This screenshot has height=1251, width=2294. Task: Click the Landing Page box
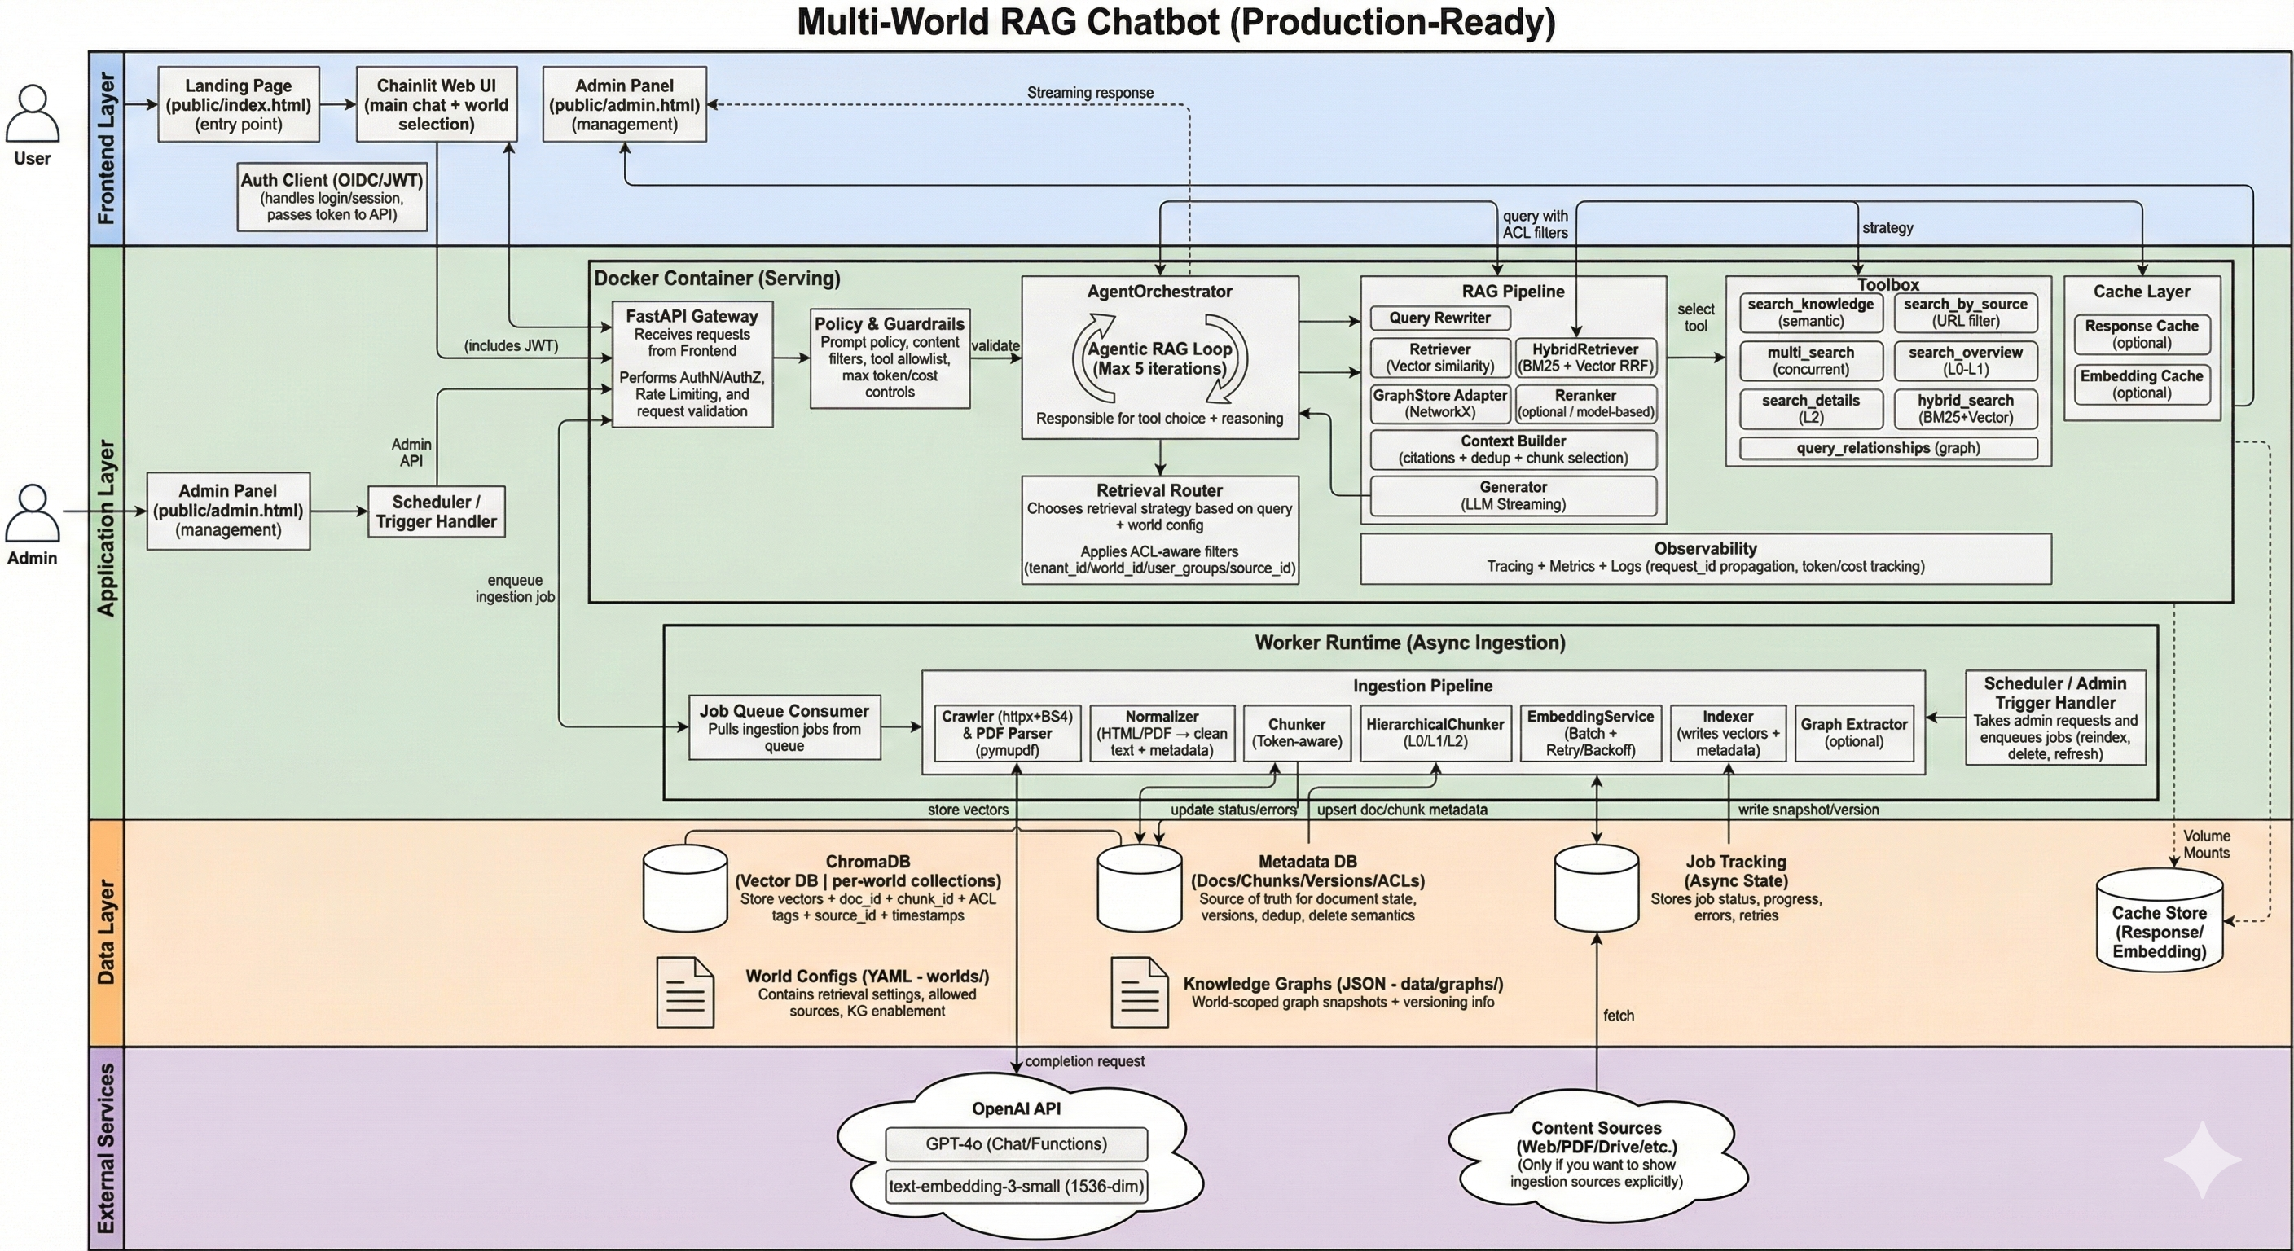(238, 104)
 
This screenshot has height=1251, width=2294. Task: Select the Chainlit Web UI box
(437, 104)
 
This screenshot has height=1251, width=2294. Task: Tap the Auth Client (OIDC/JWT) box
(332, 197)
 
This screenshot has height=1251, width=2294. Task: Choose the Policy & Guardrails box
(889, 358)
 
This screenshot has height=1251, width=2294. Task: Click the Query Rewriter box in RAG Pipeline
(1439, 318)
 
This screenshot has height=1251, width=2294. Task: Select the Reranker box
(1585, 403)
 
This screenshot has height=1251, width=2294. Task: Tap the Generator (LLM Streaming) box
(1512, 496)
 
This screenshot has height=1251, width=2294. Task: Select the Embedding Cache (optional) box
(2141, 384)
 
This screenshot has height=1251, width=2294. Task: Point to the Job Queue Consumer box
(784, 727)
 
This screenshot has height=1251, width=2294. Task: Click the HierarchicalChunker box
(1435, 733)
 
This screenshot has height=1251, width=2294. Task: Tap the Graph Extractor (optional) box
(1853, 733)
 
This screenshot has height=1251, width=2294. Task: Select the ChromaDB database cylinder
(685, 889)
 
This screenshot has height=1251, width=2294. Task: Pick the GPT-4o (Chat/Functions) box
(1015, 1144)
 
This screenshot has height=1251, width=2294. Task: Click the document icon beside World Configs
(685, 993)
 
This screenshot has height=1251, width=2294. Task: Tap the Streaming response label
(1089, 93)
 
